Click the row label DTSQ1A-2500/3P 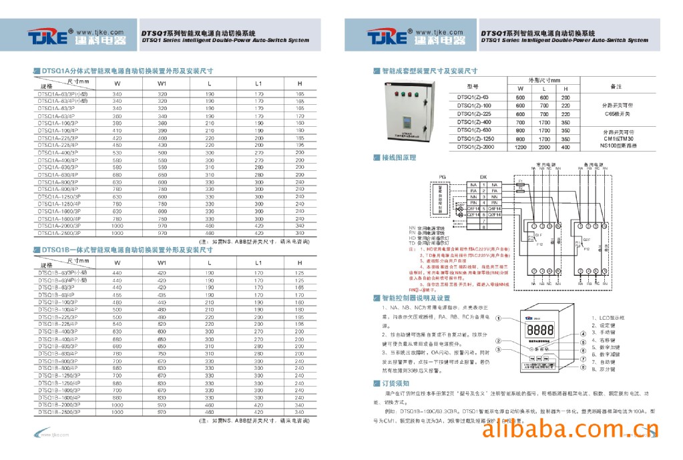(57, 233)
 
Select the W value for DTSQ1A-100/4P (117, 130)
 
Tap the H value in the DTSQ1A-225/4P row (300, 145)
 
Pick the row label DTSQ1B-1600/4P (59, 398)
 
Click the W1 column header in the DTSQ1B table (162, 262)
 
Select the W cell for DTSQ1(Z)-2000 (521, 147)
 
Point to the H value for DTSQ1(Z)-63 (565, 97)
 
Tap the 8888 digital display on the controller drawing (539, 330)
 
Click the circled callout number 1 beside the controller (499, 320)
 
